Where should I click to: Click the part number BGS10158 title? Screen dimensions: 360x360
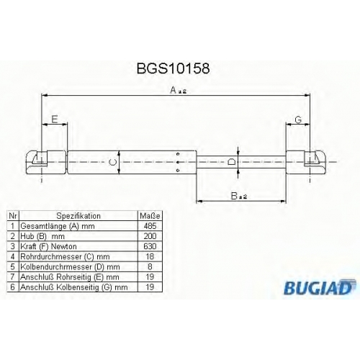coord(173,68)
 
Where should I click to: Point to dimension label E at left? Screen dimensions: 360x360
coord(55,119)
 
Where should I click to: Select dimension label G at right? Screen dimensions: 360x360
coord(298,120)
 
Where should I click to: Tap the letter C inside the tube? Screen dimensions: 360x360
coord(112,162)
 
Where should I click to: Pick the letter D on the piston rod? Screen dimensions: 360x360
coord(231,162)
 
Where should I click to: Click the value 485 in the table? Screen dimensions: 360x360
coord(150,226)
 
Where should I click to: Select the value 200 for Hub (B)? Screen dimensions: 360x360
coord(150,236)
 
